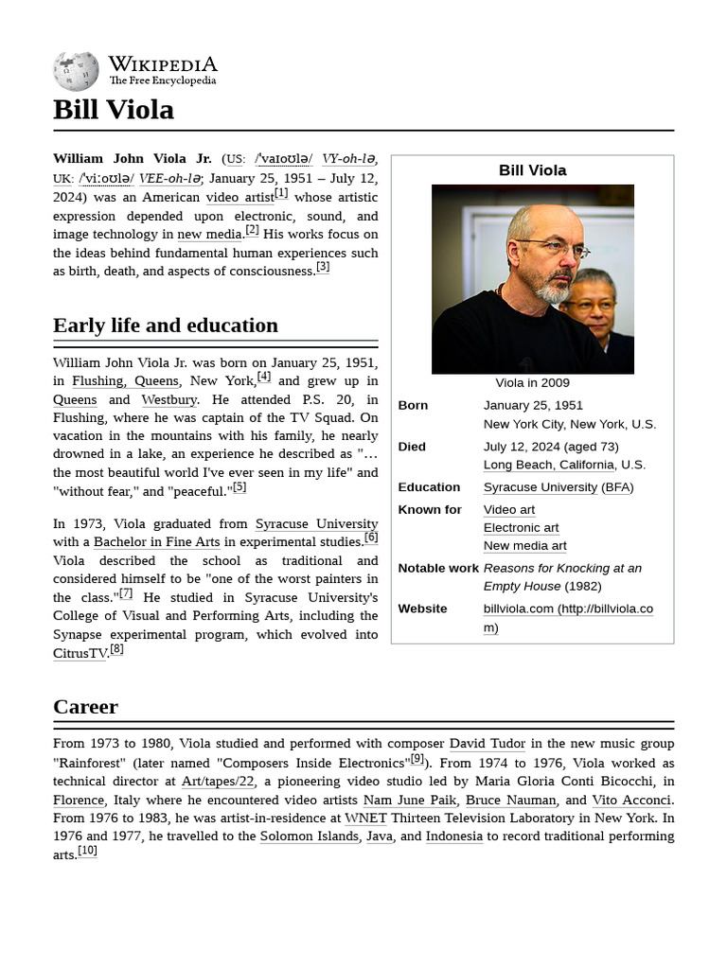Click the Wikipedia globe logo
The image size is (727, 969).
pos(76,71)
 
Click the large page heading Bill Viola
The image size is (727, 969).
pos(114,110)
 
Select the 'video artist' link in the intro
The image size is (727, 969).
pos(239,198)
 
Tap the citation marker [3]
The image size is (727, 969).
pos(323,267)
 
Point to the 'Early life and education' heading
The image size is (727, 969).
pos(166,326)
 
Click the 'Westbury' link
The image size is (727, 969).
pos(168,399)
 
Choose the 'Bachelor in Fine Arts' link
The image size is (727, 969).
pos(156,542)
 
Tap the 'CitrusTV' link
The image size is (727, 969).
pos(80,653)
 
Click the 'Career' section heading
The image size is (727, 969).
pos(85,707)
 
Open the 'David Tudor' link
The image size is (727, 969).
pos(487,744)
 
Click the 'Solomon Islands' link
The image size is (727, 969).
pos(309,837)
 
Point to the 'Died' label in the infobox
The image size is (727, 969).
pos(412,447)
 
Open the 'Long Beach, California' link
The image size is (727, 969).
pos(548,465)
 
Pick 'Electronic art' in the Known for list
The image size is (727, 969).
pos(521,528)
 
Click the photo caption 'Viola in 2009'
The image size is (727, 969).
pos(532,383)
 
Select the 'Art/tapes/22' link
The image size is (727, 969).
pos(218,782)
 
